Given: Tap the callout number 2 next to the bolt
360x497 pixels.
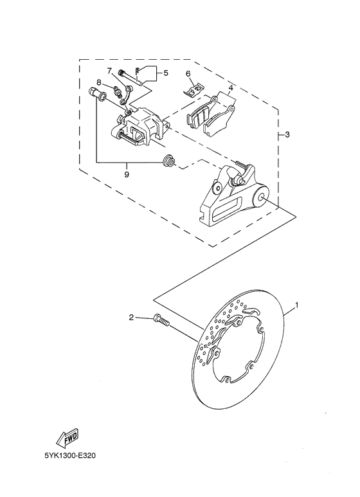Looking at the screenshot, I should click(x=131, y=317).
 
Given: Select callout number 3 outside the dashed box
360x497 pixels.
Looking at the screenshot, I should click(x=287, y=135).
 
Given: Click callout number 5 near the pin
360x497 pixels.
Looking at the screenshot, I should click(x=166, y=73).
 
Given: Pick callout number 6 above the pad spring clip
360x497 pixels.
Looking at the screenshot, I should click(x=188, y=74).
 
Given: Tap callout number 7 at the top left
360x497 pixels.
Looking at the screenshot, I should click(x=109, y=70).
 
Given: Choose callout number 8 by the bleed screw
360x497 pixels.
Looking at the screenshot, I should click(x=99, y=82).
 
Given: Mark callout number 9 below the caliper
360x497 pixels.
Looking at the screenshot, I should click(x=127, y=174).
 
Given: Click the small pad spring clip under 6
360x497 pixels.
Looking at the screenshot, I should click(x=192, y=90).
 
